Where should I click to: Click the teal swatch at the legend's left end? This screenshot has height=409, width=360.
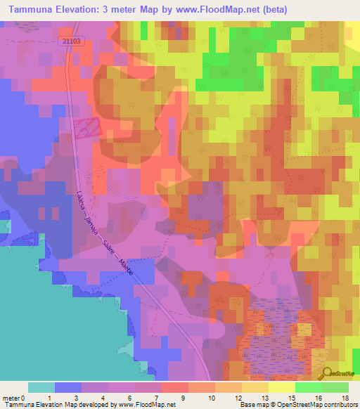[x=41, y=387]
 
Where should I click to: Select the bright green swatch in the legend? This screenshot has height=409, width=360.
[x=308, y=387]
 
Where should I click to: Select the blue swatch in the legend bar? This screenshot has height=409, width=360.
[x=68, y=387]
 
